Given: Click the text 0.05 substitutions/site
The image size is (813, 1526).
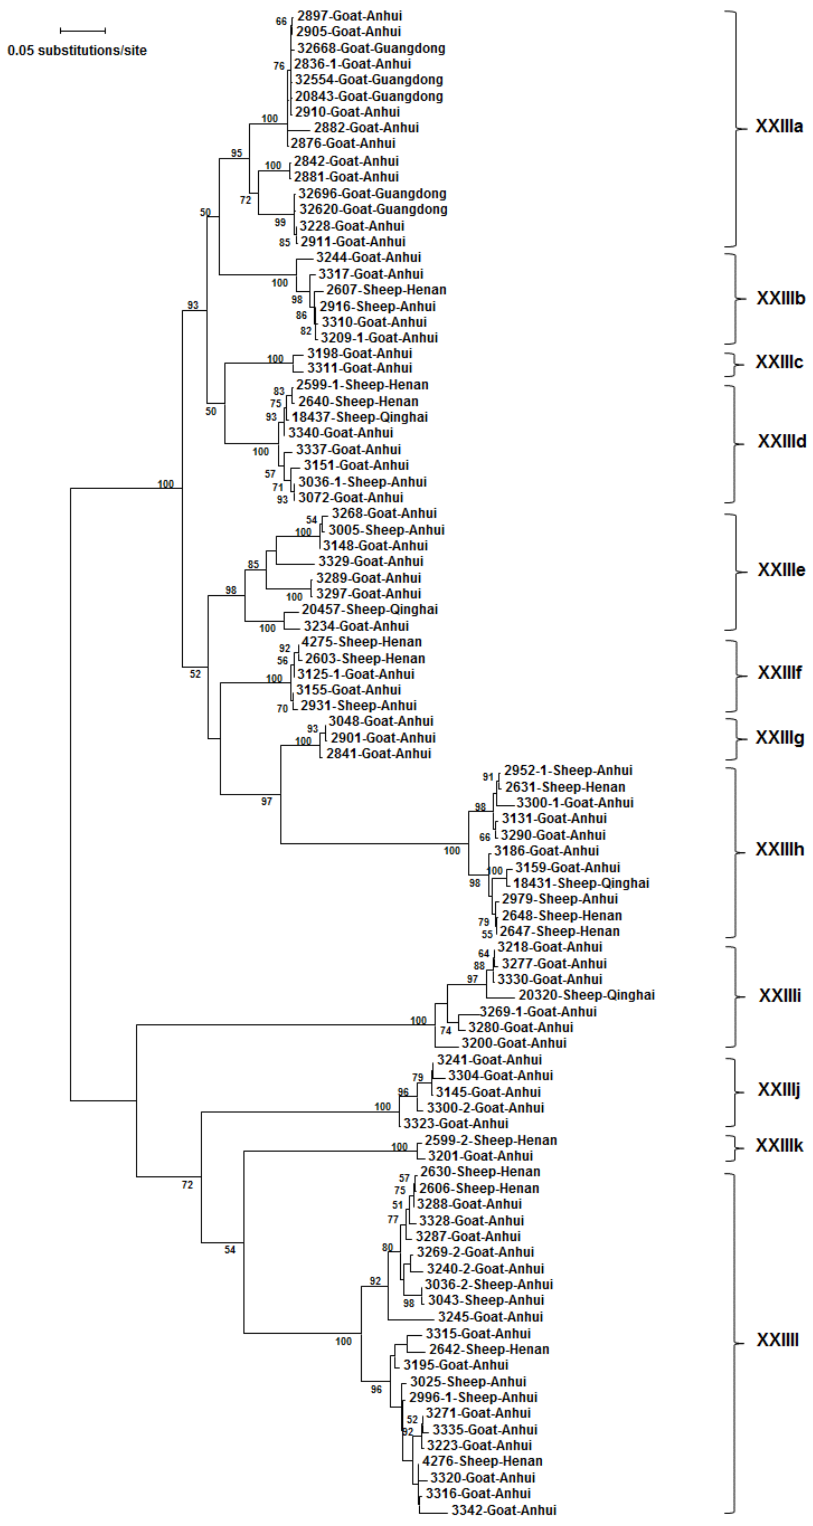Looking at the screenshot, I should (x=77, y=51).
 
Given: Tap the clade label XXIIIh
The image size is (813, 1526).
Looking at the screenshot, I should (x=779, y=850).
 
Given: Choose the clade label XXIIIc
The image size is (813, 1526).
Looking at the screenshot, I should (x=779, y=362).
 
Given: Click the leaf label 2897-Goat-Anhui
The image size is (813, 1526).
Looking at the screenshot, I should (x=349, y=16).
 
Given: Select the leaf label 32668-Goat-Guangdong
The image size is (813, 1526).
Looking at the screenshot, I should (x=371, y=48).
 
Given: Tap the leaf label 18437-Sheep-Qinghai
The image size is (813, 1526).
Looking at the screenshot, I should (x=359, y=417).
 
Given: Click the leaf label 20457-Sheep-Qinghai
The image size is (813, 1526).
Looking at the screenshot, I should (x=370, y=610).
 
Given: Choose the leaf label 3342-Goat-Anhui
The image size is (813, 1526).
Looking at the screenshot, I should (x=504, y=1510).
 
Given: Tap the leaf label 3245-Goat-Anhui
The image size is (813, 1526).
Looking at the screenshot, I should (x=490, y=1317).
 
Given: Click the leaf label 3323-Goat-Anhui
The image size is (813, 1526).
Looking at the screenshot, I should (x=456, y=1124).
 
